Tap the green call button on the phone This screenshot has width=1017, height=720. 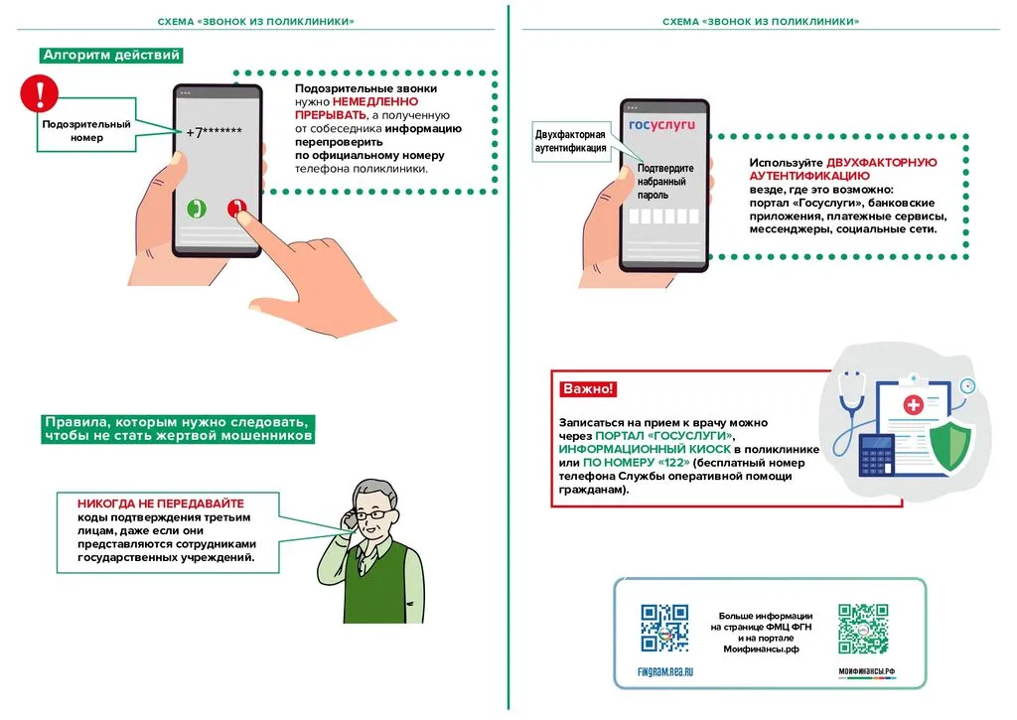click(x=197, y=209)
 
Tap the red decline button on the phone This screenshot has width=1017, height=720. click(x=236, y=209)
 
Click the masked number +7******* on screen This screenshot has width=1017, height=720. click(x=215, y=131)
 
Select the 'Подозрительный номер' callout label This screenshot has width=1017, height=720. click(x=86, y=131)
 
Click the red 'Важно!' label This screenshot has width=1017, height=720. click(x=588, y=388)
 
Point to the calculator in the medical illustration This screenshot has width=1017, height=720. click(x=878, y=456)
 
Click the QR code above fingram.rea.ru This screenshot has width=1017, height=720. click(x=664, y=628)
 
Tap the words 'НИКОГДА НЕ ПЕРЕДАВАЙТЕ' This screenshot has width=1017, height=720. click(x=161, y=504)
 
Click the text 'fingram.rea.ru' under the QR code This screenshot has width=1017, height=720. click(x=664, y=672)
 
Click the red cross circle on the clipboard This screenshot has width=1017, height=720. click(x=912, y=405)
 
